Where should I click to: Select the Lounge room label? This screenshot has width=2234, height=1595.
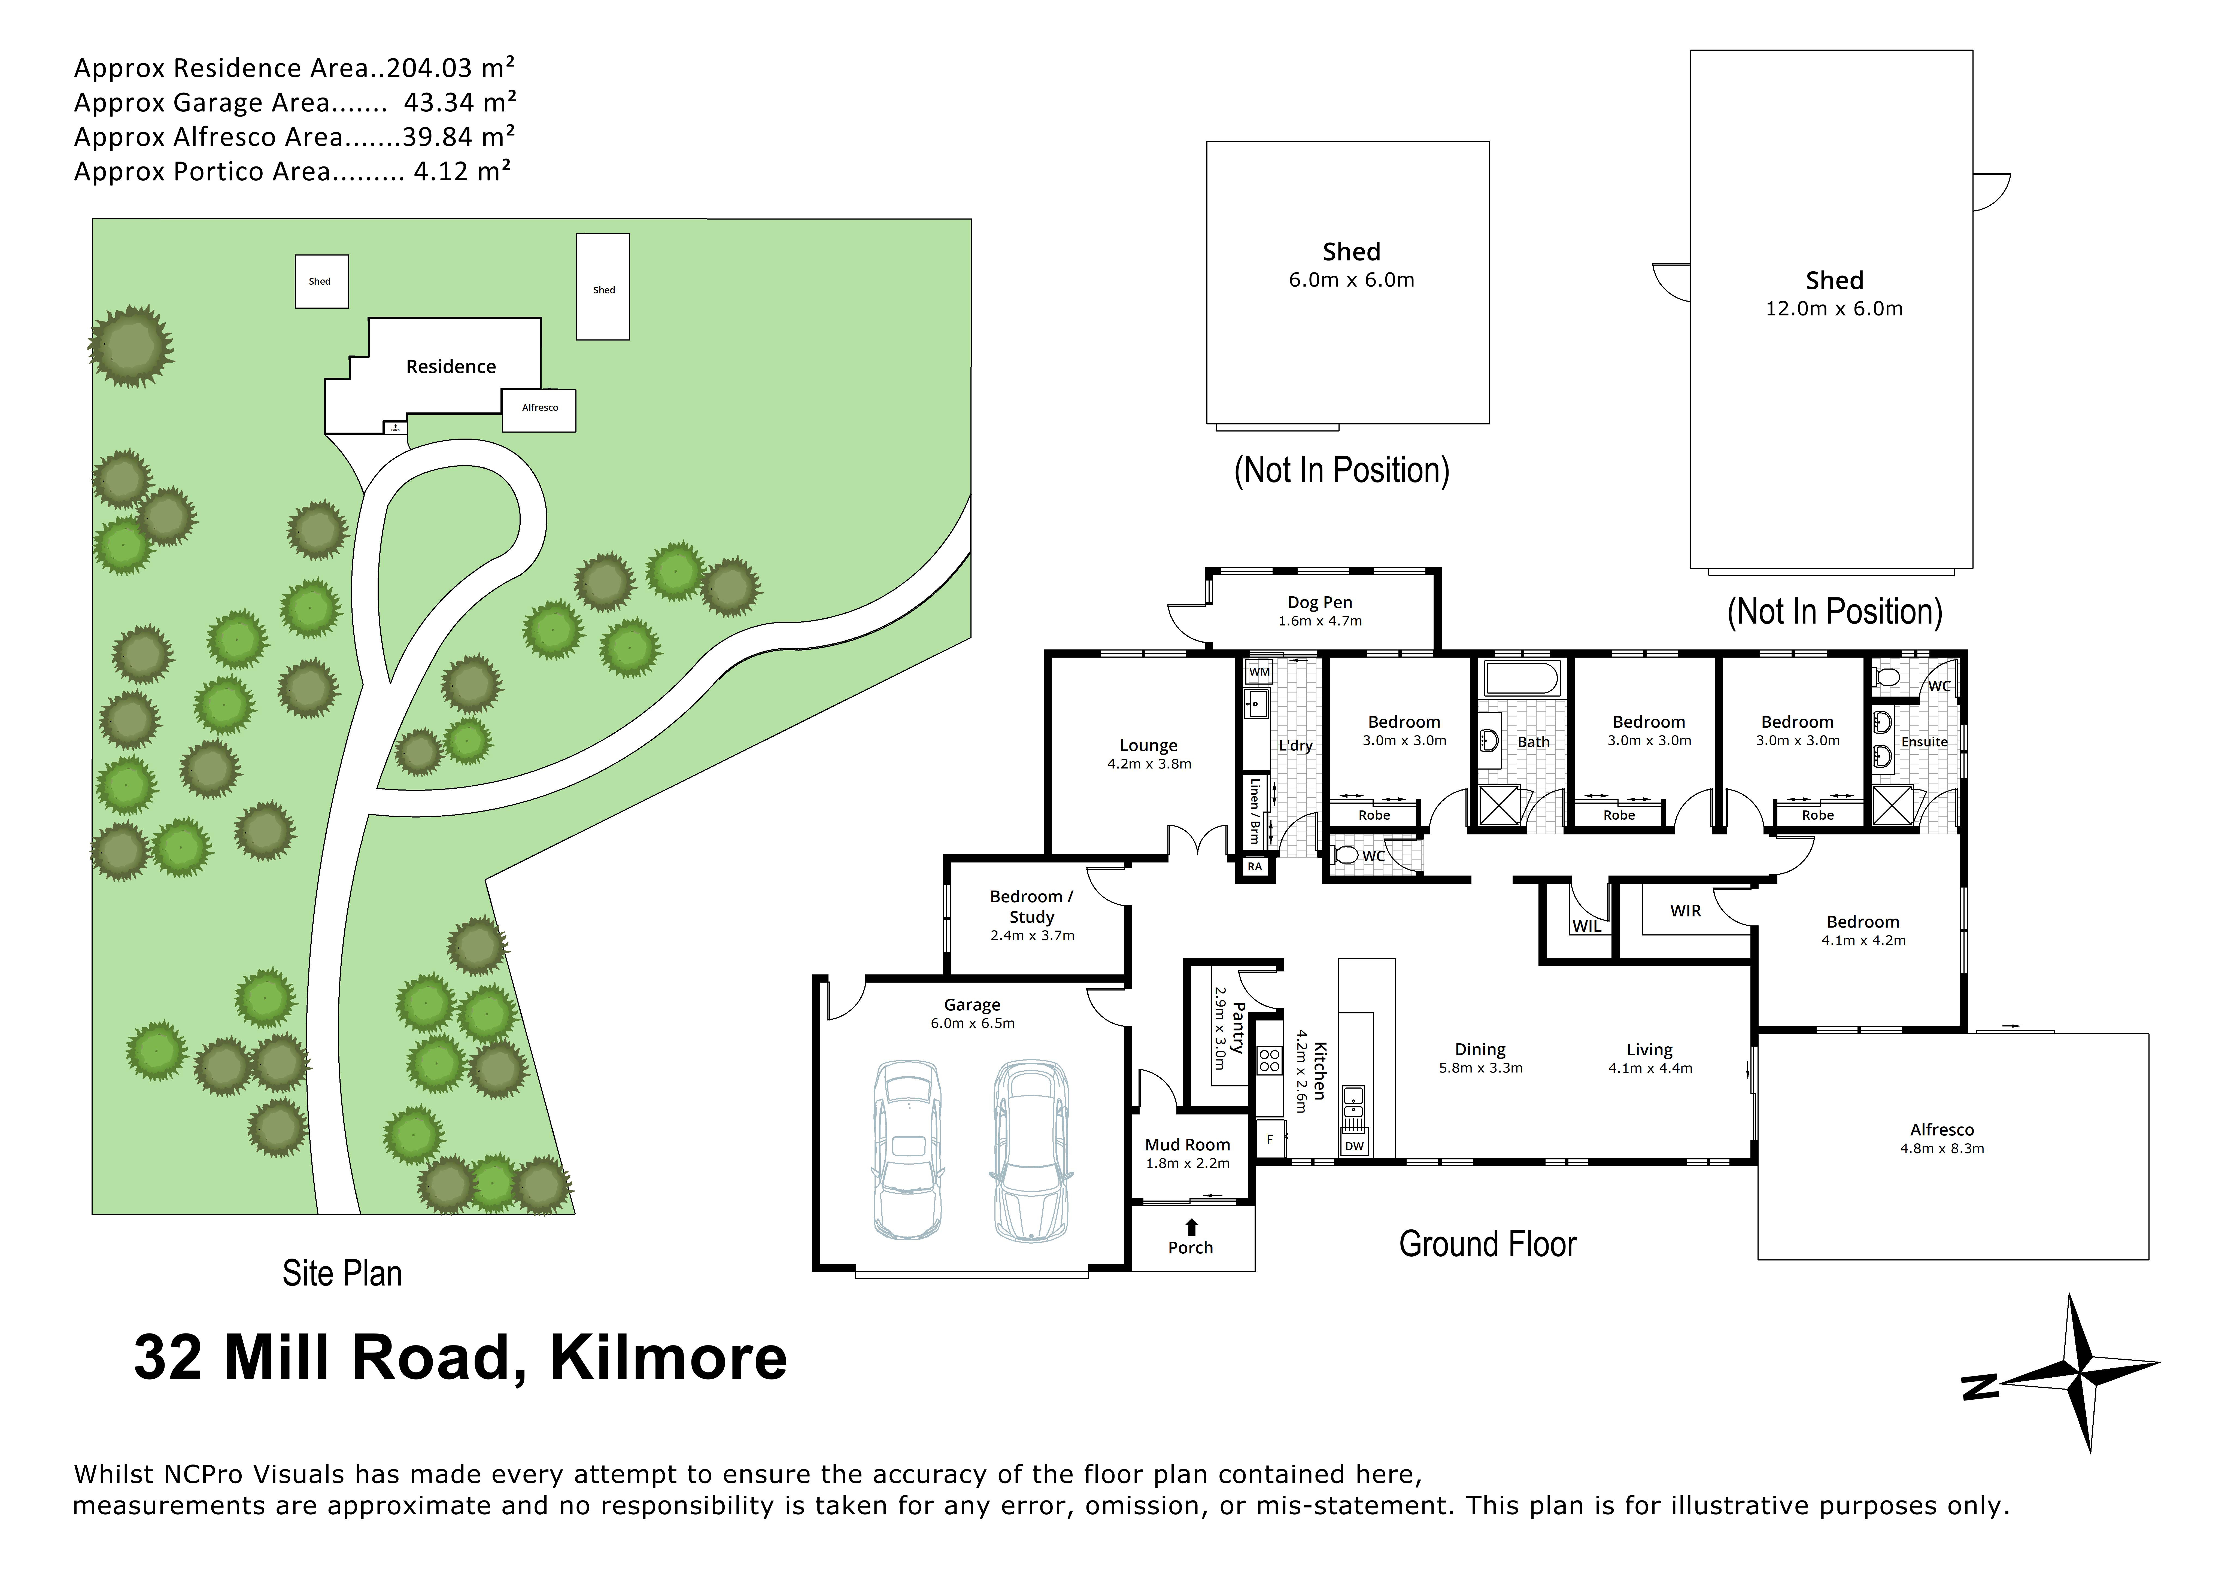tap(1148, 745)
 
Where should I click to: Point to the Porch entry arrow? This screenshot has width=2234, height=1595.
tap(1191, 1227)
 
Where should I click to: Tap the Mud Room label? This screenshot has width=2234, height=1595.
tap(1187, 1144)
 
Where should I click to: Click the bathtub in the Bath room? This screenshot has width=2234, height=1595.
tap(1521, 679)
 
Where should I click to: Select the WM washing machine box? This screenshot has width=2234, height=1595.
tap(1259, 672)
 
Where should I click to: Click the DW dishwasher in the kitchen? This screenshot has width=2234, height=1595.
tap(1354, 1145)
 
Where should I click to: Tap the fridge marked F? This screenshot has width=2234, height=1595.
tap(1270, 1139)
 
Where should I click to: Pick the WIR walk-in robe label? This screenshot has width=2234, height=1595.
tap(1685, 910)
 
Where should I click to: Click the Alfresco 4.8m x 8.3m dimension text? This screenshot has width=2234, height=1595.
tap(1941, 1148)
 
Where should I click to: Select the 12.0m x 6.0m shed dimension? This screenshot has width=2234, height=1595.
tap(1833, 308)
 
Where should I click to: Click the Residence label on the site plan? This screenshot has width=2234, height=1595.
tap(451, 366)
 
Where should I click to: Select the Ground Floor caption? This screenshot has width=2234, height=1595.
tap(1487, 1244)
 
